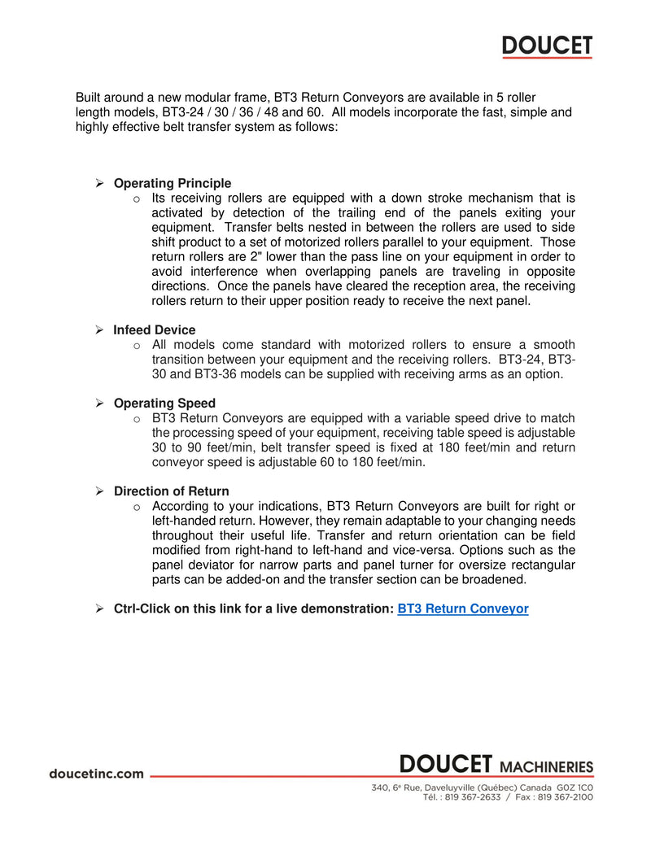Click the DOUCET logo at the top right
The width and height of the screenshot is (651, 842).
(x=547, y=47)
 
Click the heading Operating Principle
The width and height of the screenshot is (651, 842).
(x=173, y=183)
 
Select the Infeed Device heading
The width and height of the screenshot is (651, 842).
(x=155, y=330)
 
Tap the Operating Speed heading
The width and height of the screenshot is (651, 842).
(x=164, y=404)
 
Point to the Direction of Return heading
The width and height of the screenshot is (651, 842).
(x=172, y=491)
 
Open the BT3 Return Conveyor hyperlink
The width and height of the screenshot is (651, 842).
(x=463, y=609)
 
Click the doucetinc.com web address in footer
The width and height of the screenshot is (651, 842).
(x=96, y=774)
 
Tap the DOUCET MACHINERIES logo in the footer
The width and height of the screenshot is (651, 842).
(x=496, y=766)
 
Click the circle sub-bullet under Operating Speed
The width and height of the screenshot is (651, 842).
(x=137, y=419)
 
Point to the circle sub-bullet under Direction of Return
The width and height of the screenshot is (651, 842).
(x=137, y=507)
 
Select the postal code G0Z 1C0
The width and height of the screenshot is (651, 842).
(x=575, y=787)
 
